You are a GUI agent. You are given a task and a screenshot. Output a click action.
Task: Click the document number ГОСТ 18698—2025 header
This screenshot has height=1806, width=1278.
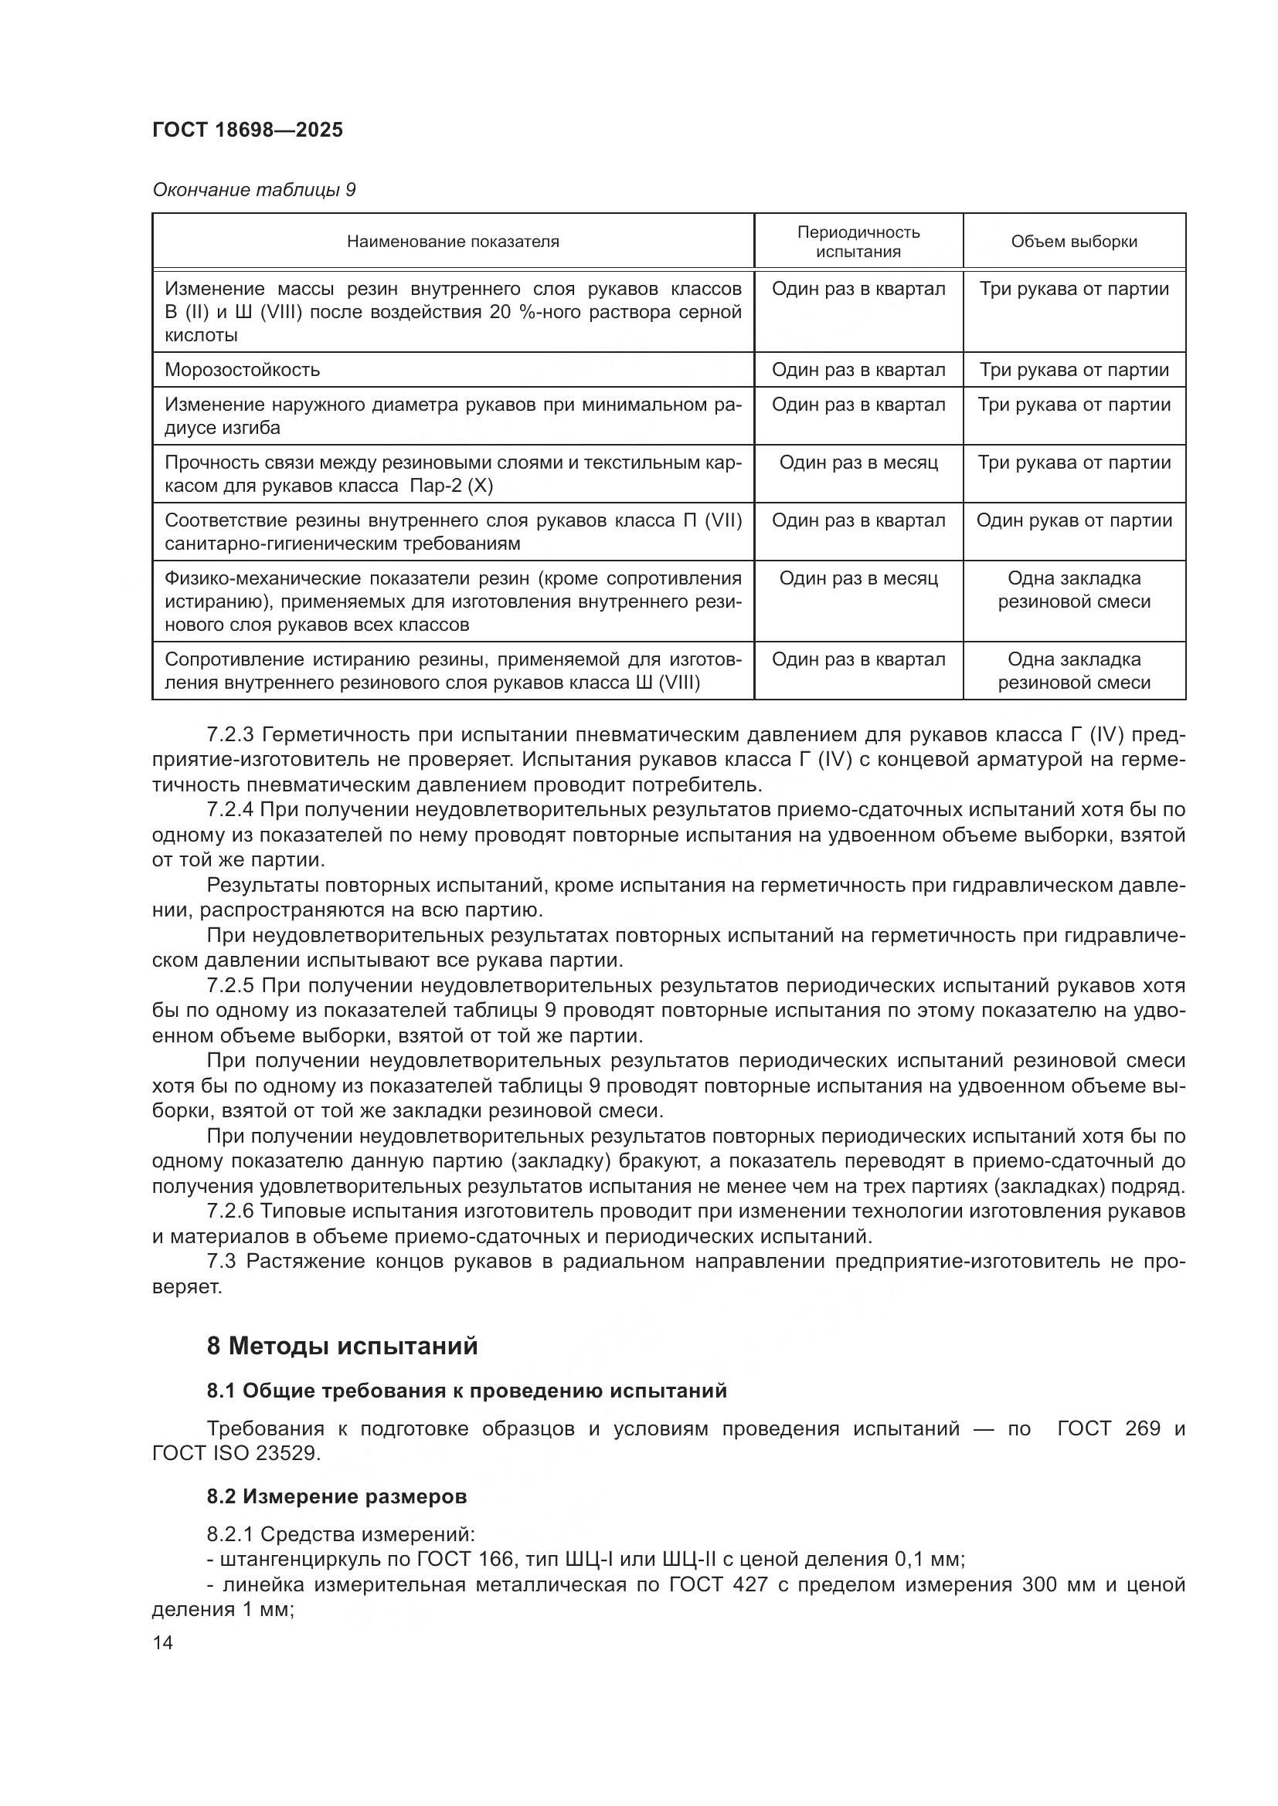(x=248, y=130)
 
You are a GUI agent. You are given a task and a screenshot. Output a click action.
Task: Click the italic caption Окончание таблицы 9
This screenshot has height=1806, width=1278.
(x=253, y=191)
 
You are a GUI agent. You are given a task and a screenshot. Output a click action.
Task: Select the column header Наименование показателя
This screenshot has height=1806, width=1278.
(x=453, y=242)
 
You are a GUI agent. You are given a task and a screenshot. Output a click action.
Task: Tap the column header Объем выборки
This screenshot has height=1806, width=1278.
(x=1074, y=242)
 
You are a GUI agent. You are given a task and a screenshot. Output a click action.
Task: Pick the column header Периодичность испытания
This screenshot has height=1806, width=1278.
(x=858, y=242)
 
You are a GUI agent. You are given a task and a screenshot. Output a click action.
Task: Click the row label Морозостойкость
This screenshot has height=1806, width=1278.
(x=243, y=370)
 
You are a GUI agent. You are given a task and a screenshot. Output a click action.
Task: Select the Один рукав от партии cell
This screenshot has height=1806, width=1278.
(x=1074, y=520)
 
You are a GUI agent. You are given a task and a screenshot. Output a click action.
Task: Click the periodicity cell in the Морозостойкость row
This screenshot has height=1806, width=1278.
(x=858, y=370)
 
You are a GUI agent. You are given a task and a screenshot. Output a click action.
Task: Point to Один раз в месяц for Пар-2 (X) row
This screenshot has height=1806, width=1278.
(x=858, y=463)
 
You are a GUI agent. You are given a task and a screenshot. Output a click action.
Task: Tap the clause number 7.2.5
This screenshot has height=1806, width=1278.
(x=229, y=985)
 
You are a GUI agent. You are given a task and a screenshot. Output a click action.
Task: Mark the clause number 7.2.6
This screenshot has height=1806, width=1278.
(x=229, y=1211)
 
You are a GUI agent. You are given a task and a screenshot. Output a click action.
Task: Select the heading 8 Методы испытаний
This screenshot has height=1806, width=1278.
(x=342, y=1346)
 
